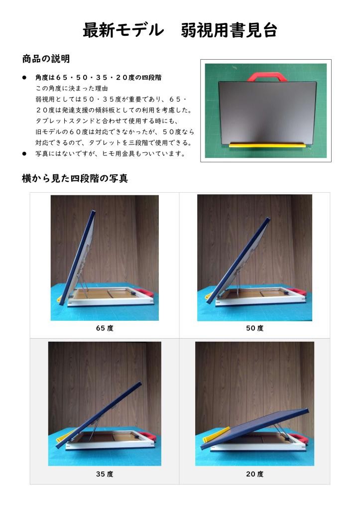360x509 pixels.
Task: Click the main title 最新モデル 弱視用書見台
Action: point(180,30)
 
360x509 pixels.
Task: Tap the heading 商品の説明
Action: point(46,59)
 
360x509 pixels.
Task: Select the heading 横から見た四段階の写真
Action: point(75,178)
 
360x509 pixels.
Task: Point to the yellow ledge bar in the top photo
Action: point(267,145)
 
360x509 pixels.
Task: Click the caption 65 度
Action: point(105,328)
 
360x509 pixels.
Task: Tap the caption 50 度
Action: point(255,328)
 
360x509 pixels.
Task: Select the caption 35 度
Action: point(105,474)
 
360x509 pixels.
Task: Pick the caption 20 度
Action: point(255,474)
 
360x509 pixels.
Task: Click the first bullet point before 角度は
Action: point(24,78)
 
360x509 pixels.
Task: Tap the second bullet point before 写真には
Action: point(24,153)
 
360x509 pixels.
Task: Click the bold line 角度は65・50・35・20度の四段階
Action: point(99,78)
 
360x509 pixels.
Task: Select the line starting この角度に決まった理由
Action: point(72,88)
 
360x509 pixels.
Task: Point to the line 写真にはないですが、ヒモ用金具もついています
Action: point(111,153)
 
